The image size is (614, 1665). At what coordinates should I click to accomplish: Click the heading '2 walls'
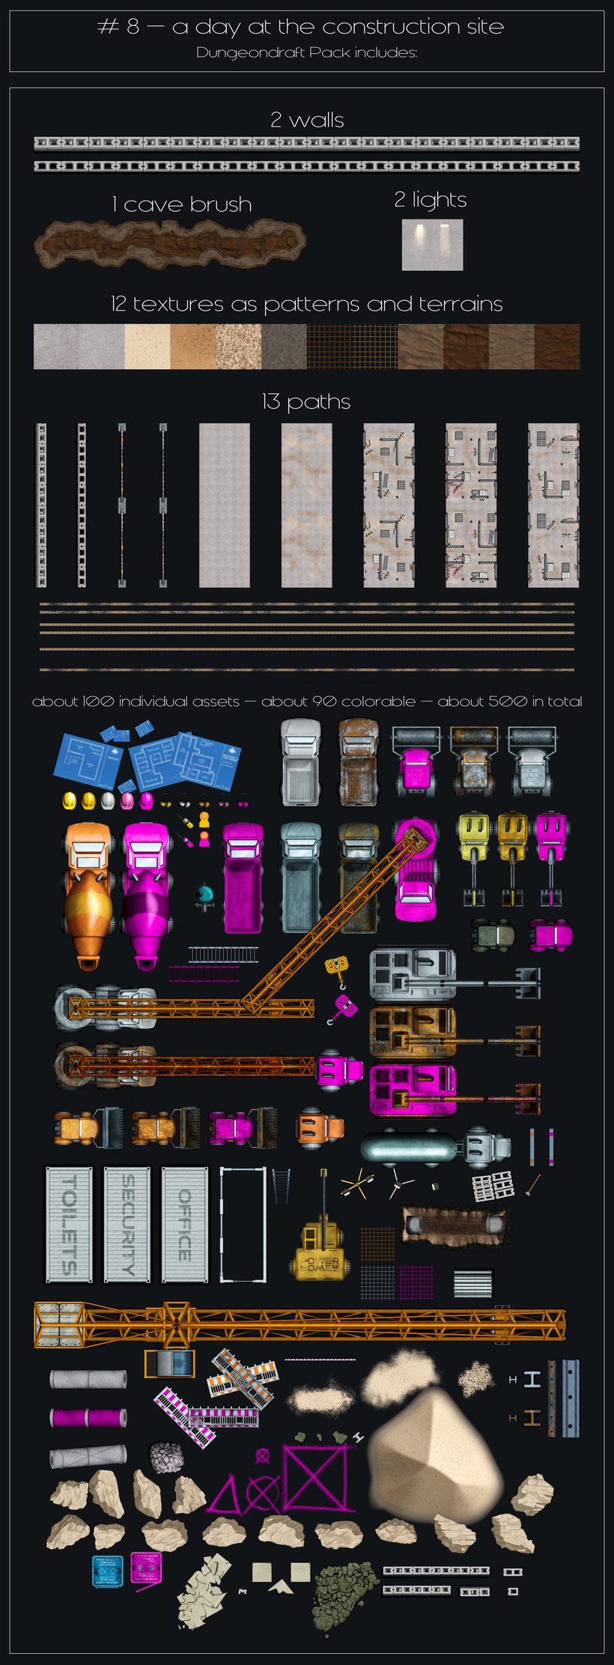pos(307,120)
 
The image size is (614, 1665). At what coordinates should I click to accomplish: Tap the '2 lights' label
pos(431,200)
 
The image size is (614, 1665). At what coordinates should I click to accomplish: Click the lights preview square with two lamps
pos(432,244)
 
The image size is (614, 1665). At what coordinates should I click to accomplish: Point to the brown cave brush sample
pos(170,244)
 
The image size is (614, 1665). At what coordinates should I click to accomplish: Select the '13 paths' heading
pos(306,402)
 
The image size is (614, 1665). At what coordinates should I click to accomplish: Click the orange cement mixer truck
pos(88,895)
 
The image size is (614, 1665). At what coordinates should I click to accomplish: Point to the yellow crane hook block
pos(337,969)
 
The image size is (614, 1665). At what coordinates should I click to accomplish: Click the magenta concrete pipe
pos(88,1417)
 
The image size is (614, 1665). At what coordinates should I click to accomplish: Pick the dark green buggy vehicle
pos(492,934)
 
